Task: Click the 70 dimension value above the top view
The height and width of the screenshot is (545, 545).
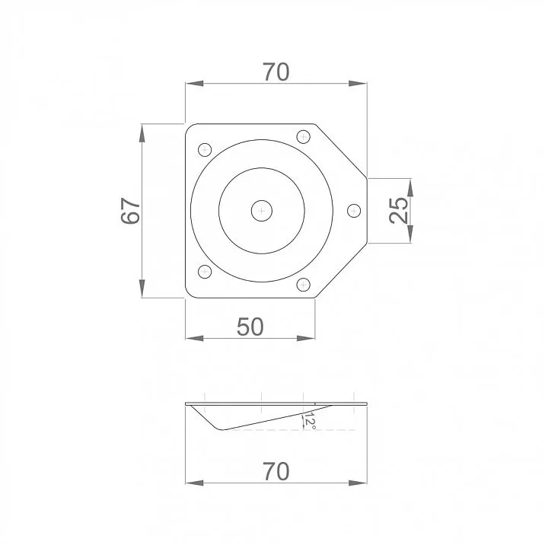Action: tap(276, 72)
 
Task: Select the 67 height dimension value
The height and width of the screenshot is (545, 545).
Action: tap(131, 211)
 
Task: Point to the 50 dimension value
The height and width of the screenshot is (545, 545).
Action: tap(250, 327)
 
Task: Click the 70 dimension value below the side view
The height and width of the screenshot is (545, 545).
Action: tap(276, 471)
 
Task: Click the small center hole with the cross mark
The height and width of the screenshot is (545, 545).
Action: tap(262, 210)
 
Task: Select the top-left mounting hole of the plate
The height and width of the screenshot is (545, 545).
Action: tap(203, 149)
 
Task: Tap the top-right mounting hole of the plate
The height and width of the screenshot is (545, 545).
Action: tap(303, 137)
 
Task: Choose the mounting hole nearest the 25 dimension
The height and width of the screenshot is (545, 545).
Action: tap(353, 210)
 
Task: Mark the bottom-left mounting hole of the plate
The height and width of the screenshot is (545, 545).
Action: tap(203, 272)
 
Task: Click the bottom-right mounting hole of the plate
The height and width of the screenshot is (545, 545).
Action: tap(303, 284)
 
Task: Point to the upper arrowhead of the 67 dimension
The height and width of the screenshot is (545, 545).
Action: tap(142, 130)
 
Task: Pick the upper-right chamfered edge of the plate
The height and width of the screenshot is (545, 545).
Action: tap(341, 150)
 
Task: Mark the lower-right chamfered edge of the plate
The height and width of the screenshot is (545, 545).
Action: tap(341, 271)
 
